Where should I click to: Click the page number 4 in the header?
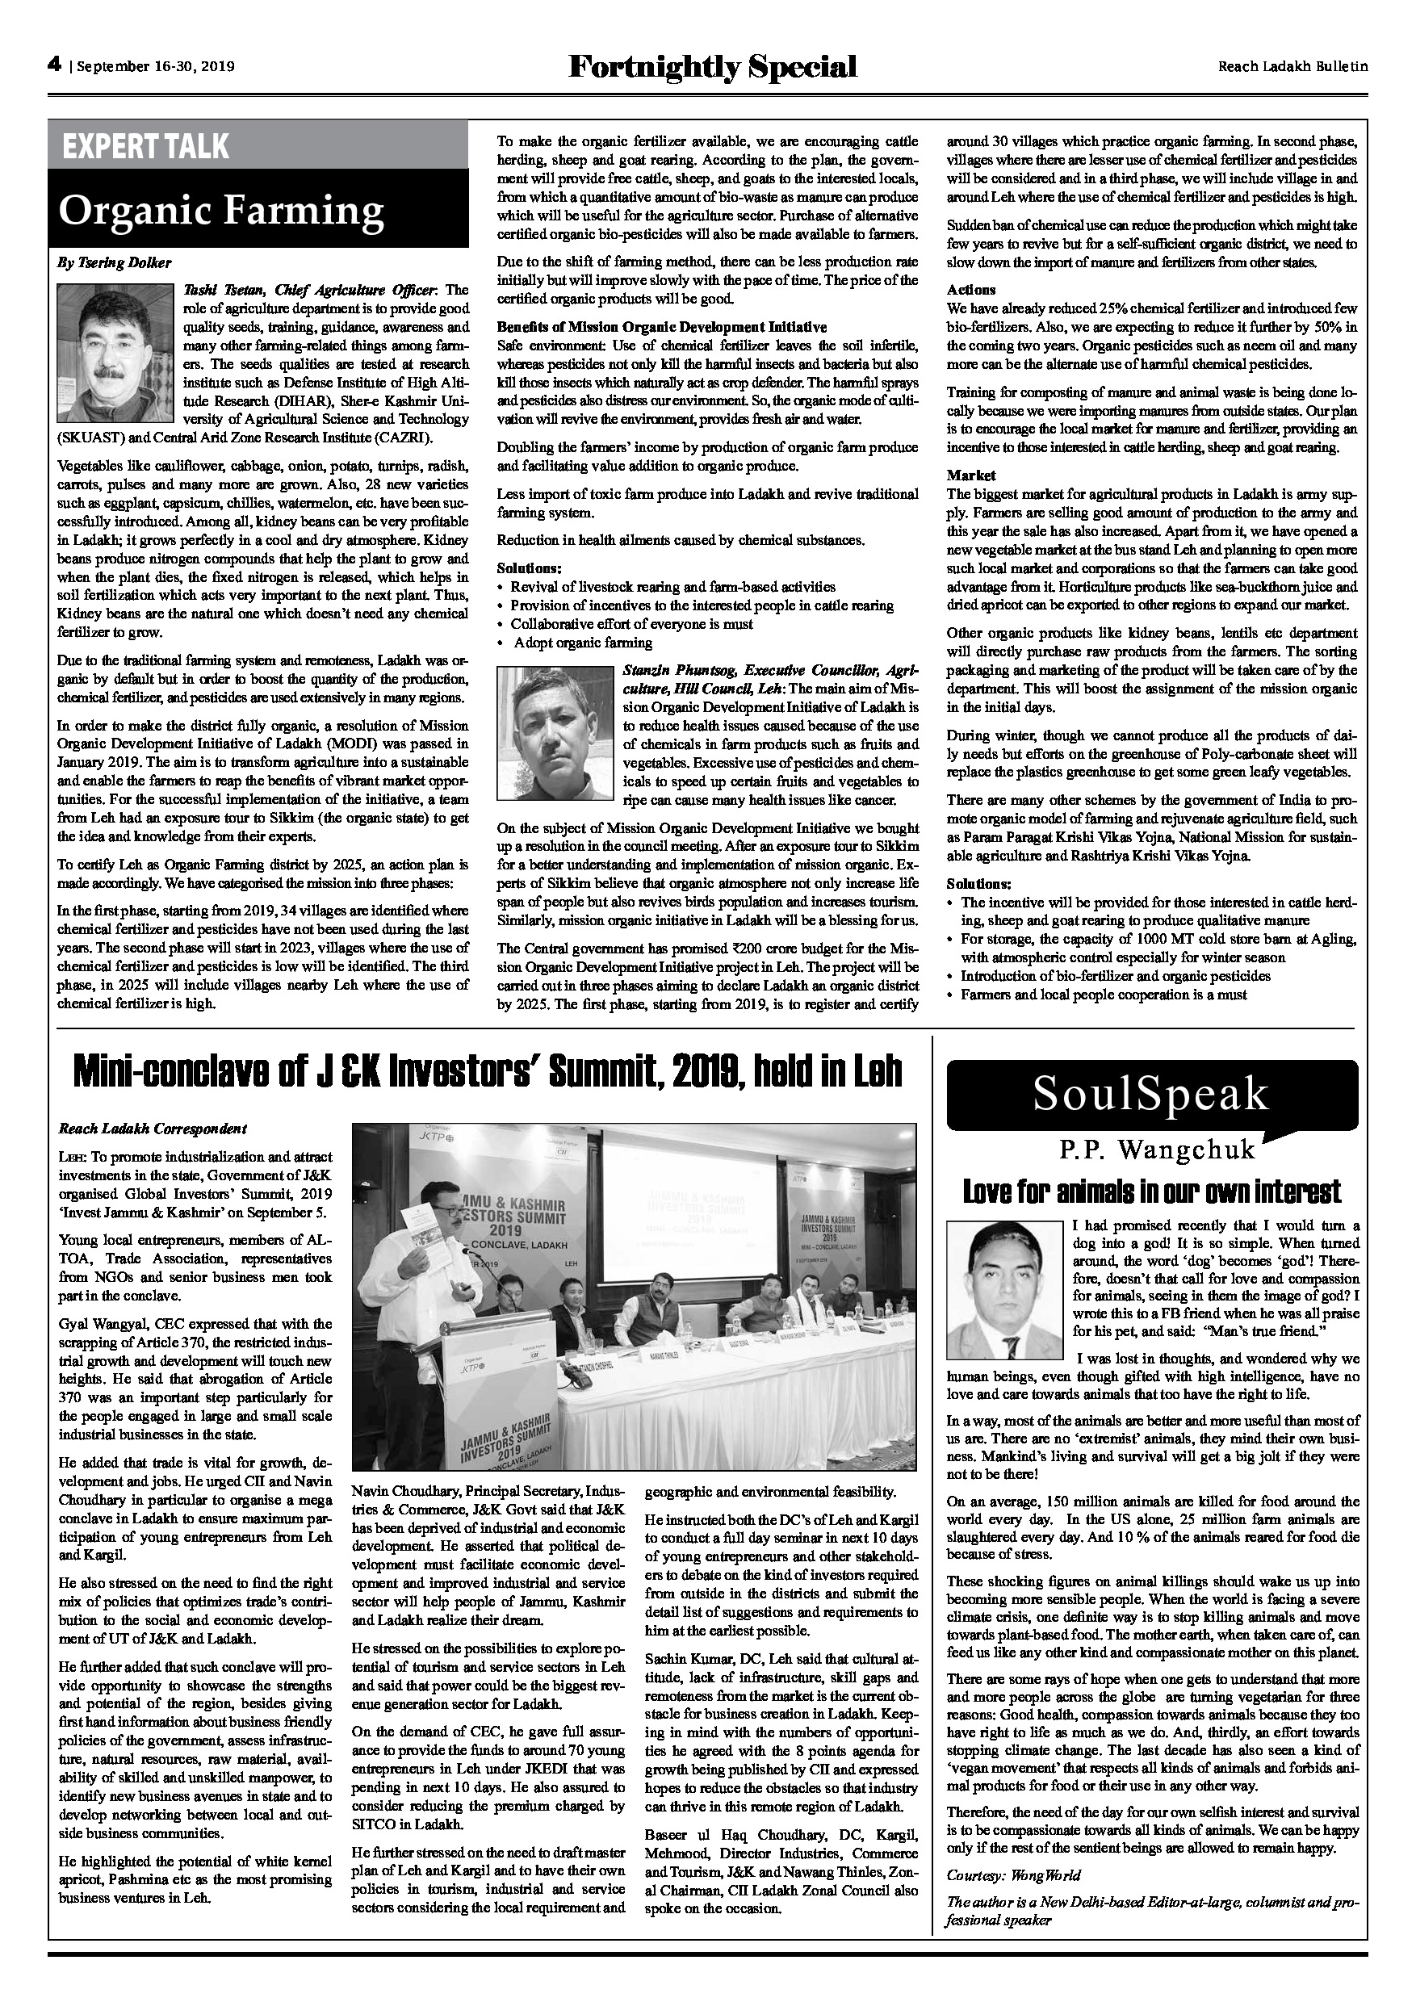(54, 65)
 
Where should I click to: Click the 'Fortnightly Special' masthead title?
(711, 66)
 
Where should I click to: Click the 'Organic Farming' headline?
(220, 209)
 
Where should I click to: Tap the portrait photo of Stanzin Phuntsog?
(555, 736)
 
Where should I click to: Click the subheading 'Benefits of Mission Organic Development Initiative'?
(662, 327)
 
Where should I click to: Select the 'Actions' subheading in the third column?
(970, 290)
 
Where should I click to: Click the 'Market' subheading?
(971, 475)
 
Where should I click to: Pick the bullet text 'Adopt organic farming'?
(582, 643)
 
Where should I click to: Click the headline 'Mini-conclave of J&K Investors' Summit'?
(488, 1070)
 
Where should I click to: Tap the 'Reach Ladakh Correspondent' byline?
(153, 1129)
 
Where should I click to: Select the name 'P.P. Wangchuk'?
(1157, 1150)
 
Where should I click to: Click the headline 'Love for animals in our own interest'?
(1151, 1191)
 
